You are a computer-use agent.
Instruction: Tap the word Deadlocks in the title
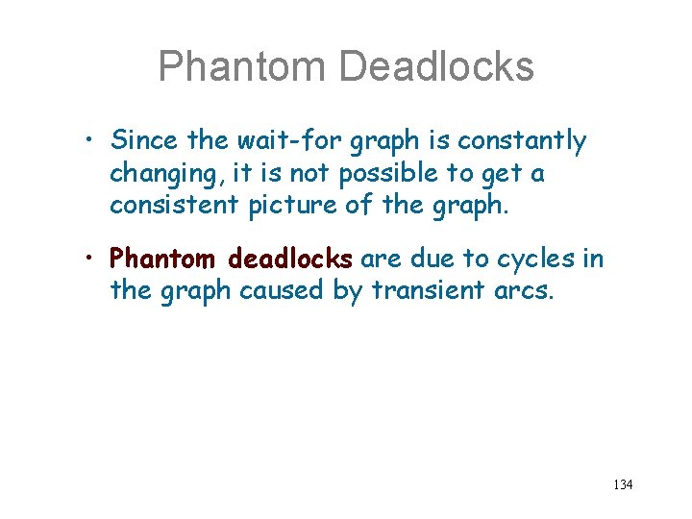point(436,66)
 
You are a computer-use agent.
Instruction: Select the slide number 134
point(623,484)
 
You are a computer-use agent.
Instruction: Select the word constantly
point(522,141)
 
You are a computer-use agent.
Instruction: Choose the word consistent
point(178,205)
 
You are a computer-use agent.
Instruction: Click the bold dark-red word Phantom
point(165,259)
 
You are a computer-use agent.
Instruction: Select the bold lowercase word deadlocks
point(290,259)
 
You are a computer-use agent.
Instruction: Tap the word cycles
point(538,259)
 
